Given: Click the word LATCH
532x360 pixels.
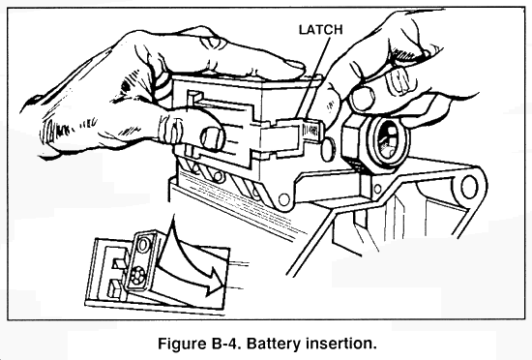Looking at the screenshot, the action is click(320, 30).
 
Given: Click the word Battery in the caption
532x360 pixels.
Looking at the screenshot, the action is click(273, 344).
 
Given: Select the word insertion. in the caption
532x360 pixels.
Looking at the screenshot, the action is click(340, 344).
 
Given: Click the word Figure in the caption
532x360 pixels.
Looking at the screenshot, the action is click(180, 344).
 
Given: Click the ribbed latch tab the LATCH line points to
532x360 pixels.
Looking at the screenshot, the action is click(311, 131).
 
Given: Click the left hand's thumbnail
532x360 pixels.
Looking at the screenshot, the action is click(213, 138).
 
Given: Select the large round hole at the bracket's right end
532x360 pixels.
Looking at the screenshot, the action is click(469, 187).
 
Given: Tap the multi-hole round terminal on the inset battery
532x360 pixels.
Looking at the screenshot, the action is click(138, 274).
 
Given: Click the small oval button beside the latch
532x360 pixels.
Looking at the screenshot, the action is click(328, 149).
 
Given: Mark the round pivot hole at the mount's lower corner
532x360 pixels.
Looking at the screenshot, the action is click(283, 198).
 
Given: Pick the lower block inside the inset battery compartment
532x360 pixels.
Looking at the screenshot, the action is click(114, 288).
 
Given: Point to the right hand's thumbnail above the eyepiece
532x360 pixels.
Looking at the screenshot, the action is click(363, 98).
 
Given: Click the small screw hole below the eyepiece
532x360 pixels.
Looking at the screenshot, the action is click(376, 188).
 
